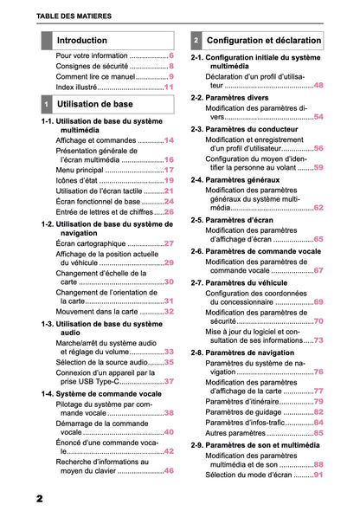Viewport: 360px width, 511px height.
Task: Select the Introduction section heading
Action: tap(82, 41)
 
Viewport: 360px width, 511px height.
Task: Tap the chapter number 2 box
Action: tap(196, 41)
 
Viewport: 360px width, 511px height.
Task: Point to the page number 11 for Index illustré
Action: tap(169, 87)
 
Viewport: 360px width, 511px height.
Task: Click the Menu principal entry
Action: tap(80, 170)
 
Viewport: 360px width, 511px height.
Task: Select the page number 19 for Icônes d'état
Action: tap(169, 180)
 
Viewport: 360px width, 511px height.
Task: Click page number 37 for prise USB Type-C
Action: tap(169, 381)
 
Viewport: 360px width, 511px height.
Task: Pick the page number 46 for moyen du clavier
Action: tap(169, 470)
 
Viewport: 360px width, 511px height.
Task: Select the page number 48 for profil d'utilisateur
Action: tap(318, 86)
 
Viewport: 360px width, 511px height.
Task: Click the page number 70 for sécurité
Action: tap(318, 321)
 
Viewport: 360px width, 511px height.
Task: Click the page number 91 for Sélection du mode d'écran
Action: tap(318, 475)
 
